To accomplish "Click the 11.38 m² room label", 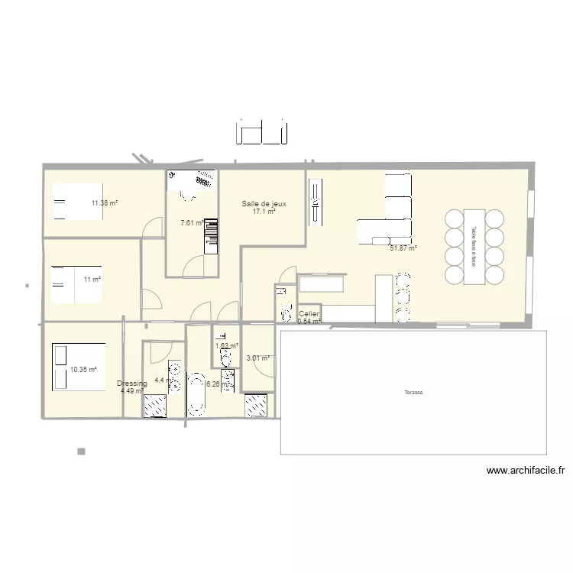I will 105,203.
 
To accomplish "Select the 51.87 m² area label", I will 403,248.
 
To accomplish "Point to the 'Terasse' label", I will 414,393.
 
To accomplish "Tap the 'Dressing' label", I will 132,384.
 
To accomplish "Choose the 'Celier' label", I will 309,314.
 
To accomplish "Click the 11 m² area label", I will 92,280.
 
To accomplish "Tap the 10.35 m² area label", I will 83,370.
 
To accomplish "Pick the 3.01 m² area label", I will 257,358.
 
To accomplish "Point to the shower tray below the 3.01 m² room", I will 256,405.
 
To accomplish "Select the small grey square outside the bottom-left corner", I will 81,452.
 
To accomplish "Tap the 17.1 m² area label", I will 264,212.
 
